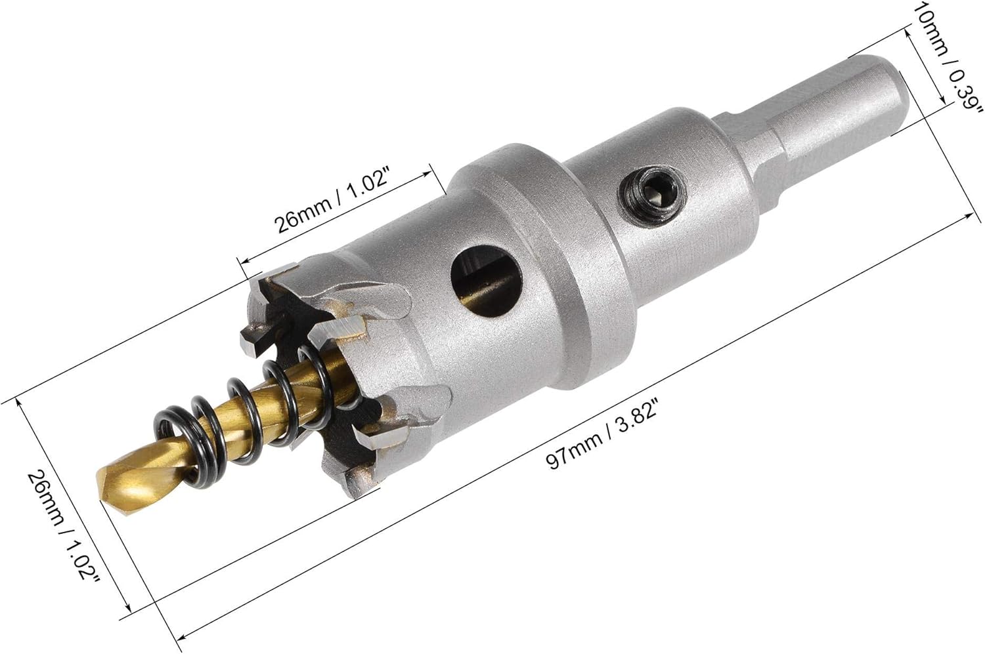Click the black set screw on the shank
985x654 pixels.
pyautogui.click(x=652, y=192)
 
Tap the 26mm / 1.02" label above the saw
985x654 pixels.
pyautogui.click(x=332, y=201)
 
